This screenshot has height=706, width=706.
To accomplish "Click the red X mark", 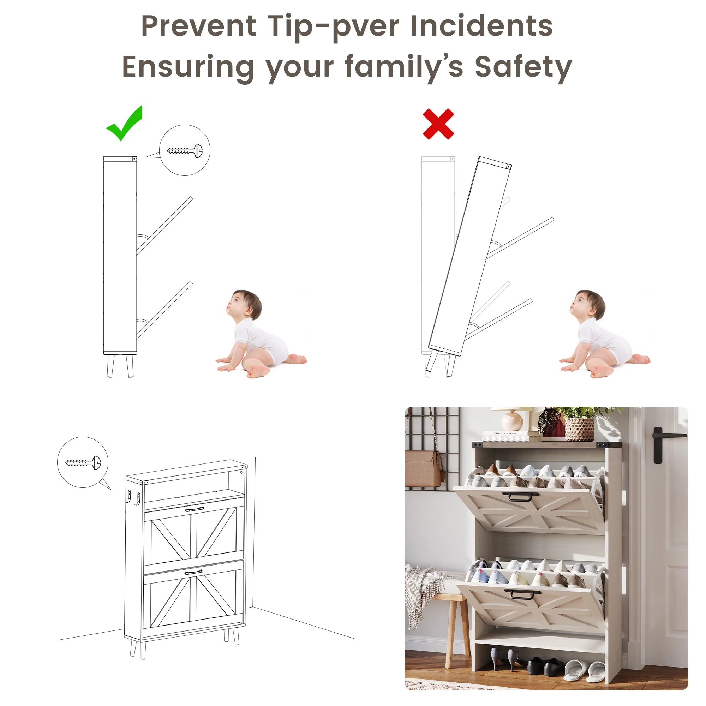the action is (x=438, y=124).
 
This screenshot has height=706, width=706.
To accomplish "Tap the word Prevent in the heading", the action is (x=199, y=26).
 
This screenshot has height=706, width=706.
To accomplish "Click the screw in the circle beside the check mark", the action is (x=185, y=150).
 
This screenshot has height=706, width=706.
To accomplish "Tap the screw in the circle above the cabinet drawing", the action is (x=83, y=462).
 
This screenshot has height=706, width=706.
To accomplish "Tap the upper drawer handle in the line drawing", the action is (x=195, y=509).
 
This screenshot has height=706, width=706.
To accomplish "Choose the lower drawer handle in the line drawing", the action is (x=194, y=572).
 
